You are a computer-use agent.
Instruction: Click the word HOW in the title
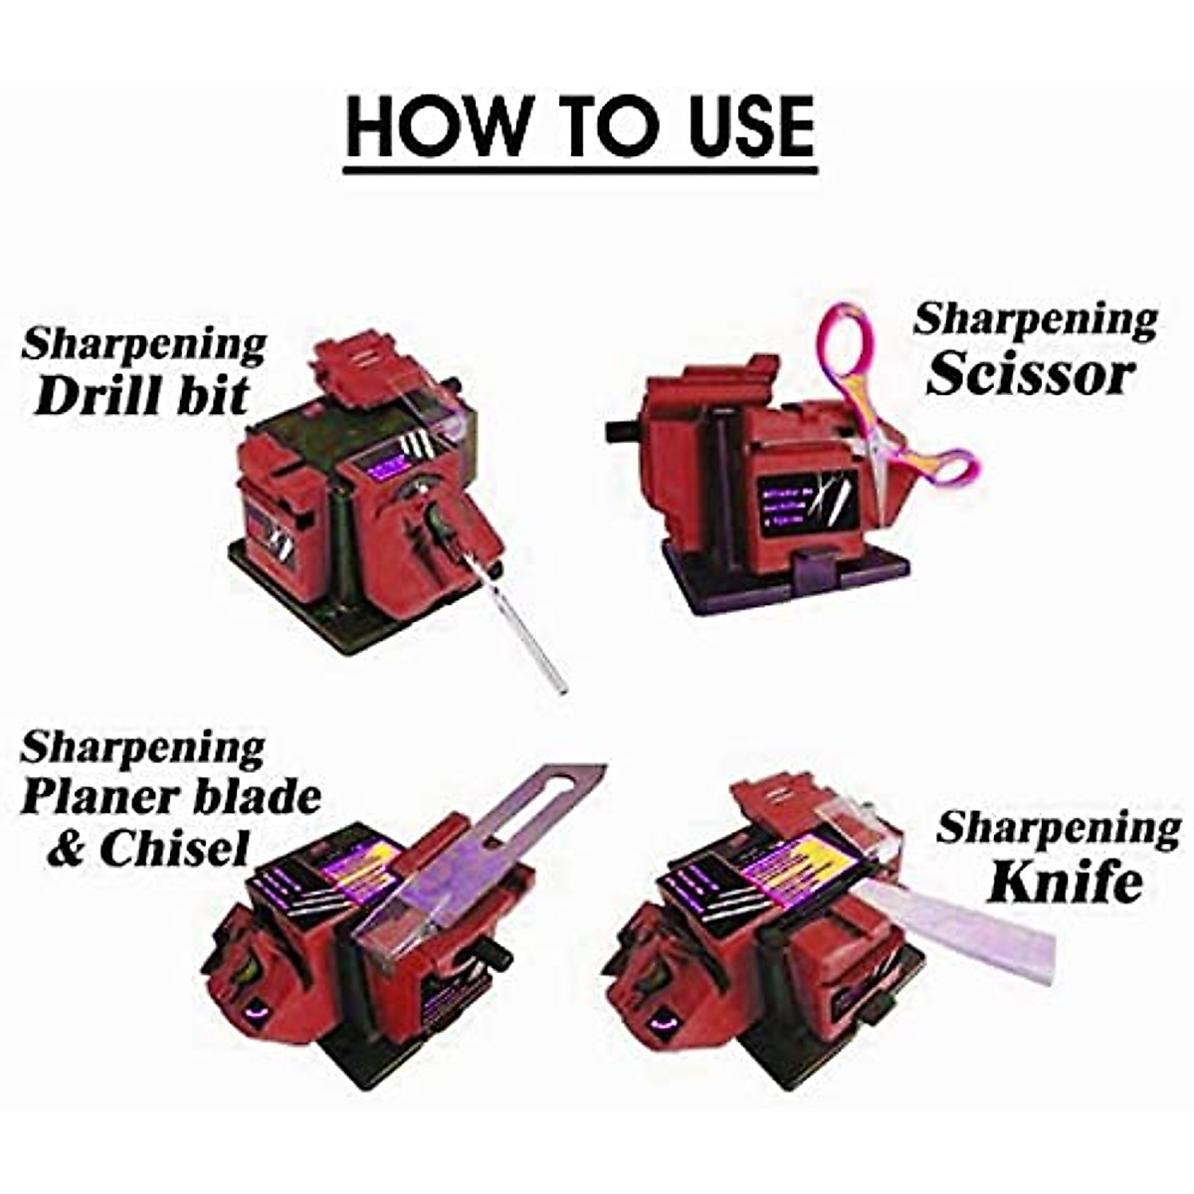(439, 126)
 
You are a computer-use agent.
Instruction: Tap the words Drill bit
(141, 395)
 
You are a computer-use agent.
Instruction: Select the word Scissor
(1031, 376)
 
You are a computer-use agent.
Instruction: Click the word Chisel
(174, 849)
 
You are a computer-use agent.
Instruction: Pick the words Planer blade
(171, 797)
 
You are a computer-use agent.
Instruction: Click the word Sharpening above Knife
(1059, 828)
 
